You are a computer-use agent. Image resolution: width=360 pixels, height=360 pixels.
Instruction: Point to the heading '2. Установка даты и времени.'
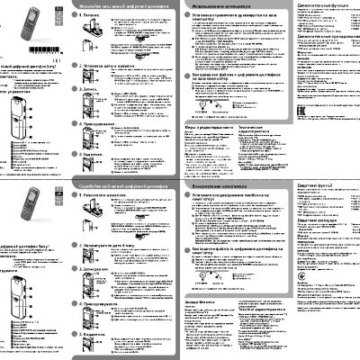click(112, 66)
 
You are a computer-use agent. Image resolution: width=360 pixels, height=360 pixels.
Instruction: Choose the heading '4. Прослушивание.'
click(103, 122)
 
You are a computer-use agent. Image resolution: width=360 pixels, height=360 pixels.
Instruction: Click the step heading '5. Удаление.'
click(97, 154)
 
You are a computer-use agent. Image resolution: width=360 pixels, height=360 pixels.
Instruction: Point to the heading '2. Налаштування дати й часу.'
click(112, 244)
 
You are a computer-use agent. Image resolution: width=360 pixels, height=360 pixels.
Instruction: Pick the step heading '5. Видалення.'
click(99, 334)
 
